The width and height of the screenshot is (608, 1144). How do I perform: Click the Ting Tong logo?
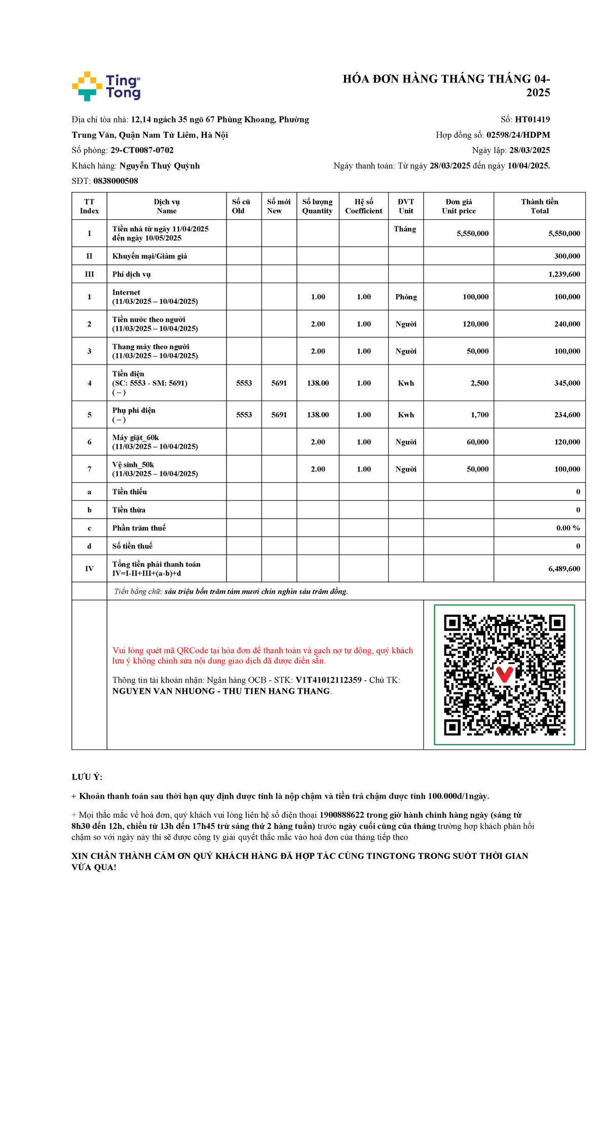point(106,86)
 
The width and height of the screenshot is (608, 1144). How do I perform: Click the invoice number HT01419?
point(532,120)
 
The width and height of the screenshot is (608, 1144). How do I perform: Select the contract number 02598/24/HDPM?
point(518,135)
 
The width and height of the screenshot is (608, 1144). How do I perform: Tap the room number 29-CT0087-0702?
point(142,150)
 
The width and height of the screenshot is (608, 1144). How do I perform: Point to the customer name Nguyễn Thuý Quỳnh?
point(159,166)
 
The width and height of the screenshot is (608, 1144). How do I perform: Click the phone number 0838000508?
point(116,181)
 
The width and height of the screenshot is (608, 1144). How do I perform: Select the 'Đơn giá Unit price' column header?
point(459,206)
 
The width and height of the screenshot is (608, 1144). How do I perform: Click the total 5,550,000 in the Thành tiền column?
point(564,233)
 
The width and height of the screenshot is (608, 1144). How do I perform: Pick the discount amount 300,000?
point(567,256)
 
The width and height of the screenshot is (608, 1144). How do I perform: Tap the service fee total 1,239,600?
point(564,274)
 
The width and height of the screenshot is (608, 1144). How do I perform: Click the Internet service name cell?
point(155,297)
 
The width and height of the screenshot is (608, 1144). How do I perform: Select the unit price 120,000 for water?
point(475,324)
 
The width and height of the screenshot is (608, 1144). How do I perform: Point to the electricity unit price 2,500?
point(479,383)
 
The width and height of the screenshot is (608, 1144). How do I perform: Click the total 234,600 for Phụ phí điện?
point(567,415)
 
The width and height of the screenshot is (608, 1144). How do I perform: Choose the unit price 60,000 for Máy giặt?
point(477,442)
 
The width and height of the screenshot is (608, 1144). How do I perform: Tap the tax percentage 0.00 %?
point(568,528)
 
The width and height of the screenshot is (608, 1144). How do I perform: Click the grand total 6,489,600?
point(564,569)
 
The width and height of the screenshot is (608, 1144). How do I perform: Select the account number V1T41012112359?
point(328,680)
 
